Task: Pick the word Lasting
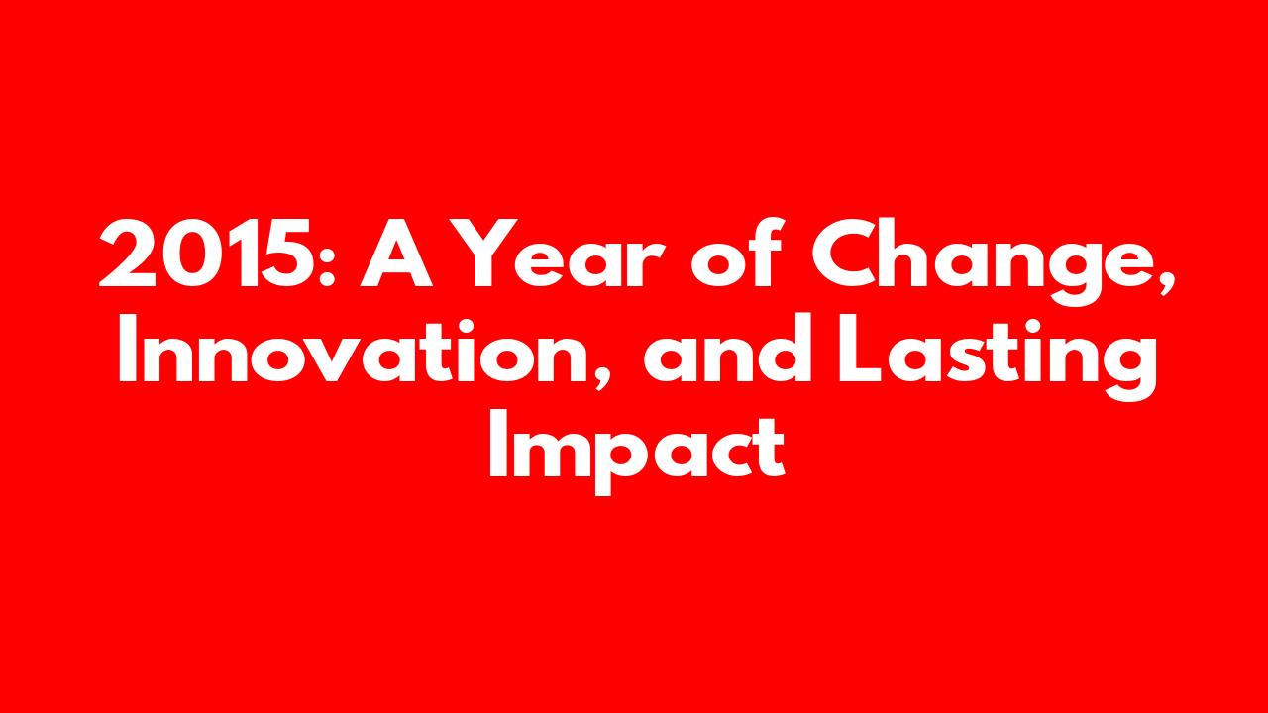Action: [998, 356]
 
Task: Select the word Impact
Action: [637, 454]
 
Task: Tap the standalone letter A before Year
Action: [396, 254]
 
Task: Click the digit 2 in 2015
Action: [128, 254]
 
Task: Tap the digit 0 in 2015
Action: [190, 254]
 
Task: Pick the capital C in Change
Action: [844, 254]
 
